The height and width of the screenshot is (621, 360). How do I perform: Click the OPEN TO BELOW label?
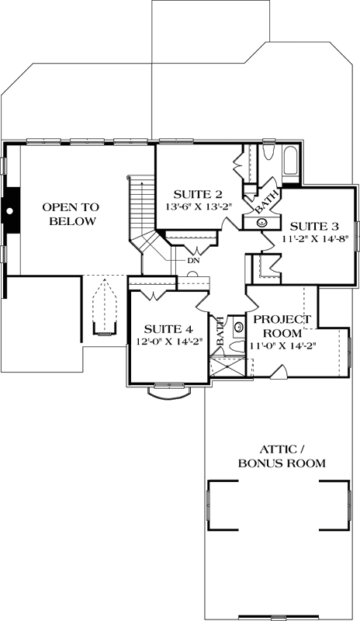[69, 214]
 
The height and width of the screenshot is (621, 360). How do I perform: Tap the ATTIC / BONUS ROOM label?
[282, 456]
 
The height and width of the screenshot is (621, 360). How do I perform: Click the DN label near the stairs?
[192, 261]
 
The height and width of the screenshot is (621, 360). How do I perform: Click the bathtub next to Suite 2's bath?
[290, 162]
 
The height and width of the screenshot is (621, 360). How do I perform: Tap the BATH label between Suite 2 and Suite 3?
[265, 203]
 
